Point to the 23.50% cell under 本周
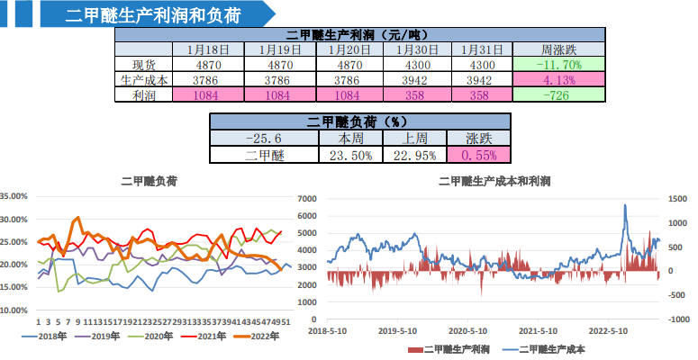[349, 154]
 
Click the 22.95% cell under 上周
[416, 154]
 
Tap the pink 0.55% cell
[478, 154]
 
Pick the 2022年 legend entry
[258, 337]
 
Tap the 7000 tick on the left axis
[306, 198]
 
